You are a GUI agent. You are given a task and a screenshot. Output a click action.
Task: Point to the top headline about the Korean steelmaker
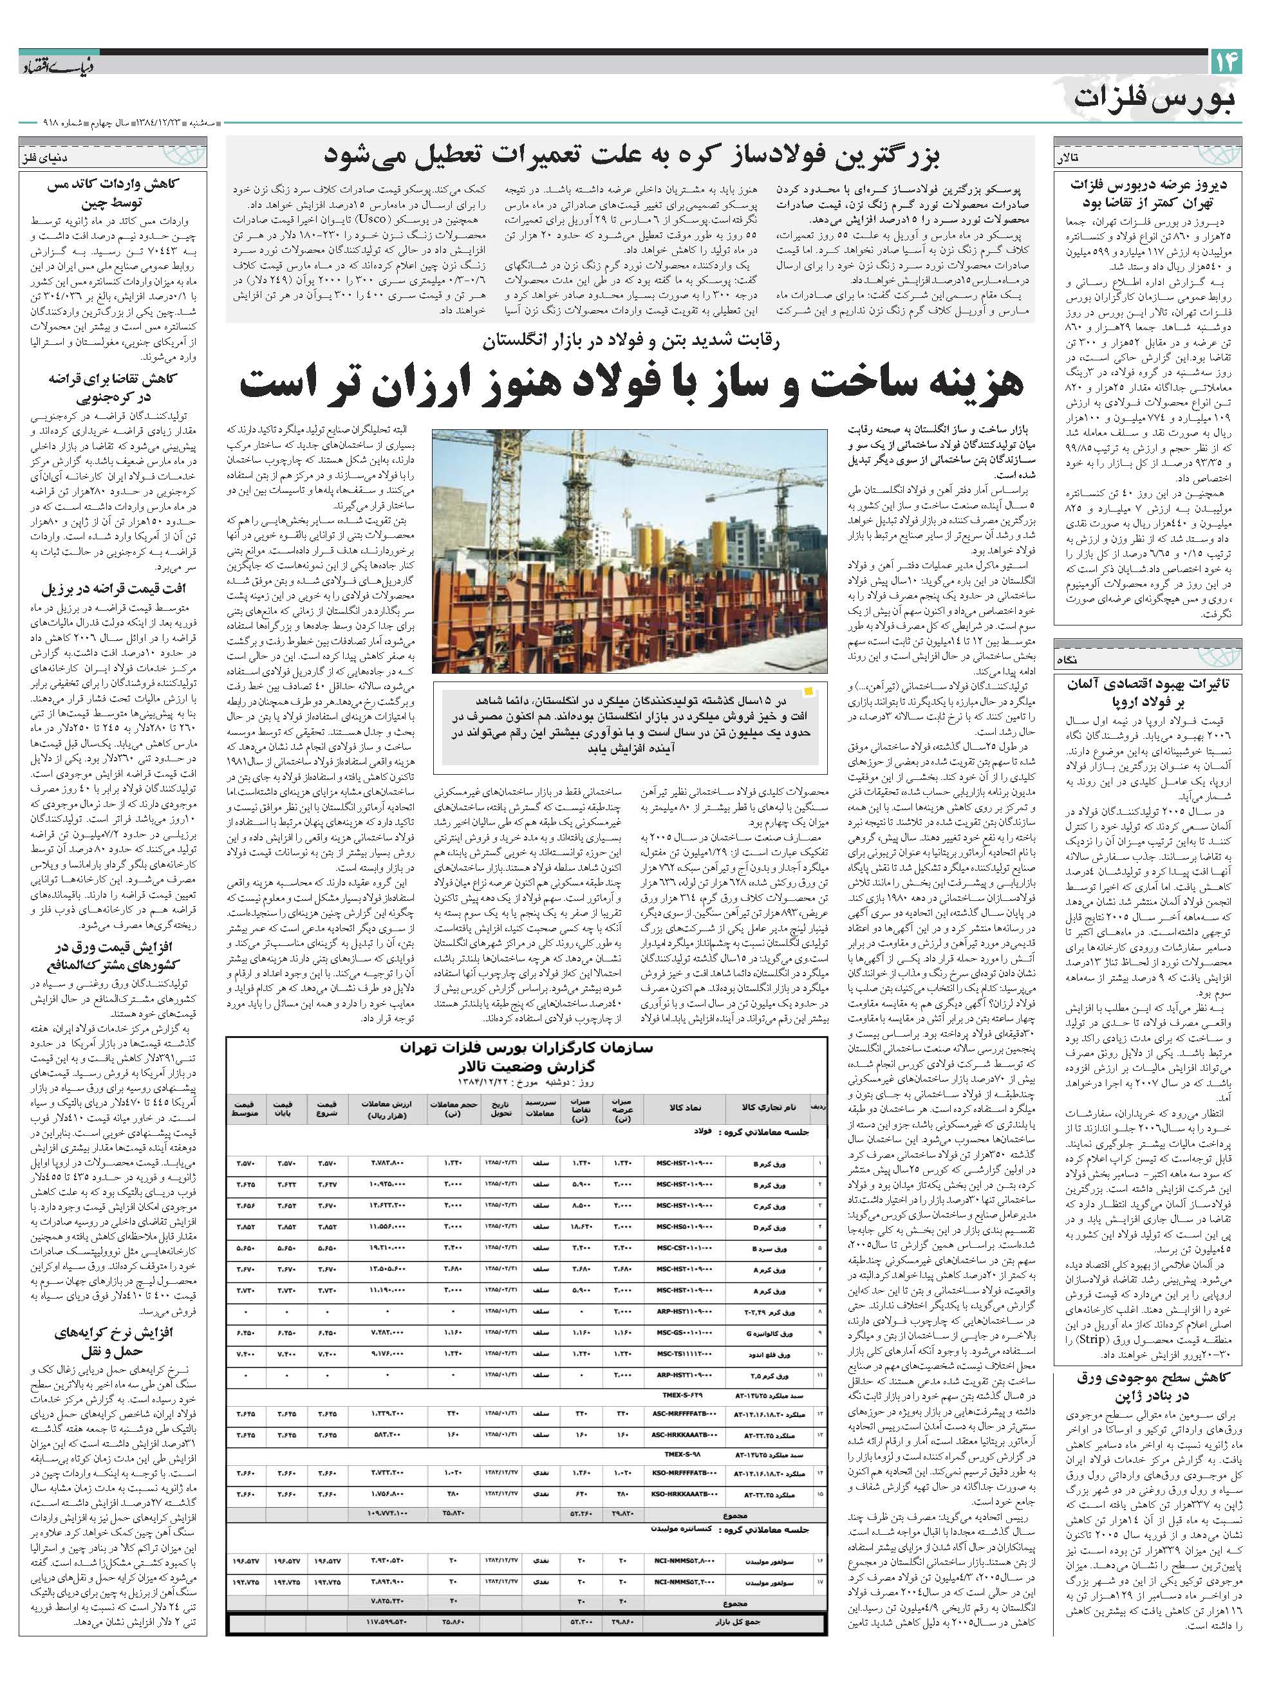tap(631, 156)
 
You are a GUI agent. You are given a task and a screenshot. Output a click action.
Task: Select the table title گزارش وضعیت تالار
tap(526, 1066)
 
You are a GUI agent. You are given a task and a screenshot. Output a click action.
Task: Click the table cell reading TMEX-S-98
tap(684, 1454)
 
